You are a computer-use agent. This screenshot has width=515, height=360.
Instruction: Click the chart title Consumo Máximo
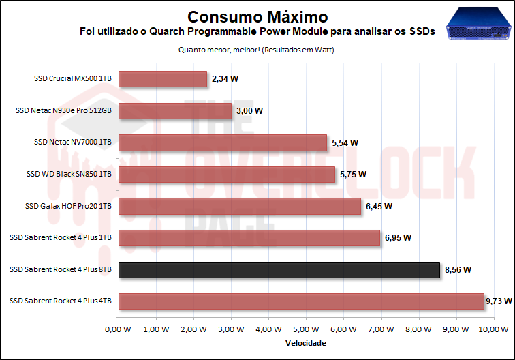[257, 16]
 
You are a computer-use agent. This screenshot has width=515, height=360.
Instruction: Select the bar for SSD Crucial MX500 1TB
[163, 79]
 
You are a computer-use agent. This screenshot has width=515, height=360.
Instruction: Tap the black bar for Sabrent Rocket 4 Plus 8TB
[279, 270]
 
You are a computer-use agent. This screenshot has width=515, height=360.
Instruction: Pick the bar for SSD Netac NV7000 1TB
[223, 142]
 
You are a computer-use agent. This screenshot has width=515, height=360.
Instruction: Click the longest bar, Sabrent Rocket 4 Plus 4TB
[301, 301]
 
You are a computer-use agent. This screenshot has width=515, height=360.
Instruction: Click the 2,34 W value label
[225, 79]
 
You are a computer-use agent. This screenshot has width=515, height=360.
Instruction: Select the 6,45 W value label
[379, 206]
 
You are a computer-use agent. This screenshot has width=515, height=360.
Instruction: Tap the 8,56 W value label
[458, 270]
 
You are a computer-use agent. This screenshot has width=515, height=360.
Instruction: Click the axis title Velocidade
[305, 343]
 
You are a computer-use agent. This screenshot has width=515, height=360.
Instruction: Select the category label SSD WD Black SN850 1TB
[69, 175]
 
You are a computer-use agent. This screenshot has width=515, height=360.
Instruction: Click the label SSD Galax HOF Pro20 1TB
[68, 206]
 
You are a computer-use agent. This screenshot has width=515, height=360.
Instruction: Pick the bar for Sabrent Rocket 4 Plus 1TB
[249, 238]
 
